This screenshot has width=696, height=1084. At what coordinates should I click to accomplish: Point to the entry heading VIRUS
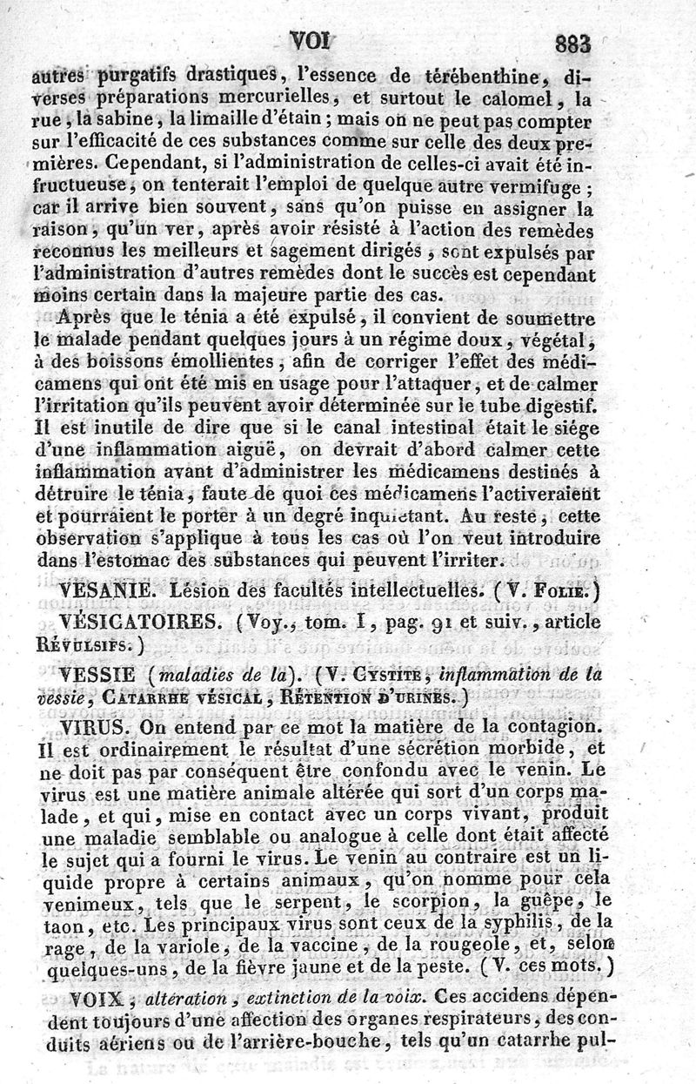coord(93,725)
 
